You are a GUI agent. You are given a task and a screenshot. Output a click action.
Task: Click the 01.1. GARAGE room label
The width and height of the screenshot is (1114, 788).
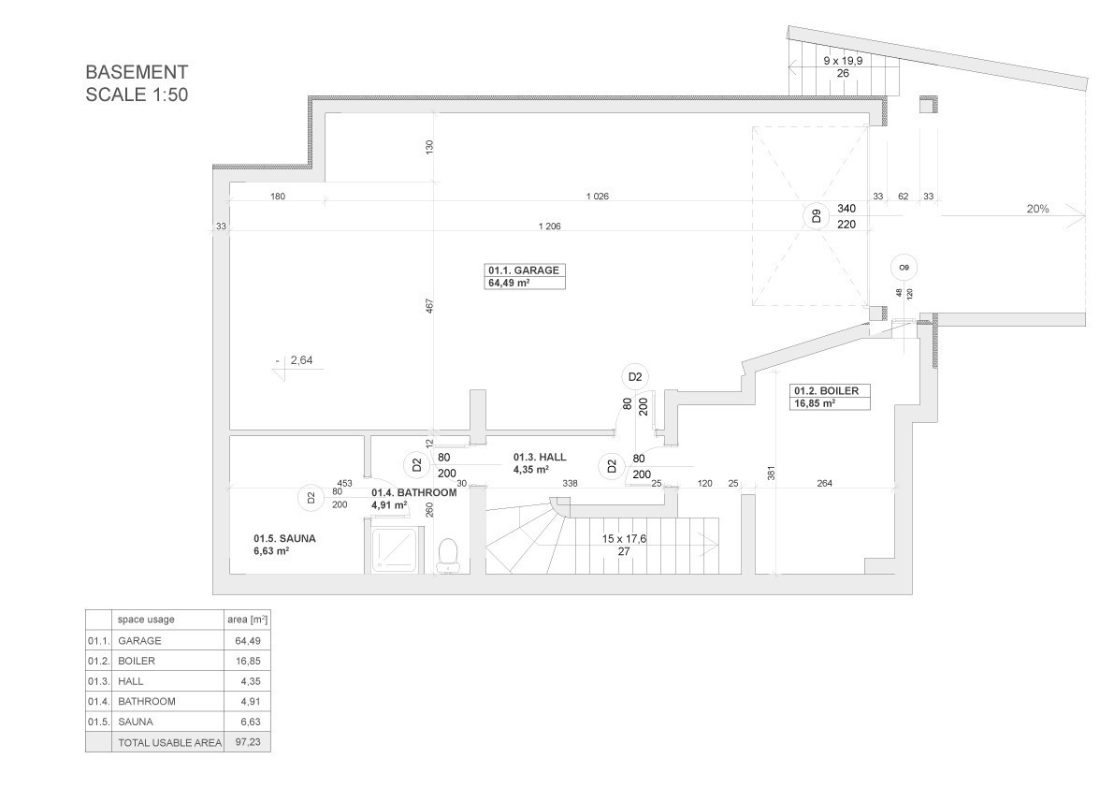(x=524, y=270)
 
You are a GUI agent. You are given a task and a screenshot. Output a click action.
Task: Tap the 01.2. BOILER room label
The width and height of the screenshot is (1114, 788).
(x=826, y=391)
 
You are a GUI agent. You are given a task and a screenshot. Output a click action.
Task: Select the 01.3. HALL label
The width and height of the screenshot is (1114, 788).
(x=540, y=457)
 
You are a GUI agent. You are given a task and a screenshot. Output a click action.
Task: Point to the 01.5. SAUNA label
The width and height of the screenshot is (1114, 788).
(x=284, y=539)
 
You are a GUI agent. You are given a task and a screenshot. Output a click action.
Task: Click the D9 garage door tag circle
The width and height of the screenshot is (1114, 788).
(x=817, y=216)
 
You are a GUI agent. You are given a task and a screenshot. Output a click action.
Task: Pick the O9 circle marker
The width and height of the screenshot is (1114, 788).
(x=904, y=268)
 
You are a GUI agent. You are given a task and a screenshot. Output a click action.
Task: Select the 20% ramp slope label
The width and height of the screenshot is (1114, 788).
(x=1037, y=209)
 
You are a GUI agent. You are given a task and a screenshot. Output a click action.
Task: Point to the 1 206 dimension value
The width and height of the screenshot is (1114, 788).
(x=549, y=226)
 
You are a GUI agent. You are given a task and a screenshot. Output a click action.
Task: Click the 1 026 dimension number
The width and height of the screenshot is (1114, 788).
(x=597, y=197)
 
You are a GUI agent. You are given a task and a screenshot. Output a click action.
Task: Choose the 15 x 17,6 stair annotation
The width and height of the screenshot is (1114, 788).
(x=624, y=539)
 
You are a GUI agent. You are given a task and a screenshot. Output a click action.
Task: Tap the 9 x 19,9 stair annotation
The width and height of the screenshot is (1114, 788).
(x=843, y=61)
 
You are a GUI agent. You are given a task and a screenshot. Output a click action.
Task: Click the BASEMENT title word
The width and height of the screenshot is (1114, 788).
(x=137, y=72)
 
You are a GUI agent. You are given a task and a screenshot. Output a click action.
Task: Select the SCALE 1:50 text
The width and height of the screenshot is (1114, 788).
(x=137, y=95)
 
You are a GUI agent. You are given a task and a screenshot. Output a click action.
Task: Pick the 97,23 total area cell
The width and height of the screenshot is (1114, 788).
(x=248, y=742)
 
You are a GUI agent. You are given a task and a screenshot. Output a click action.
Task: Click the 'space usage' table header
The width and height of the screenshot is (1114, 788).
(x=146, y=620)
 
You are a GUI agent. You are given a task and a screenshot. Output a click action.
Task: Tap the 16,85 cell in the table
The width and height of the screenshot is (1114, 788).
(x=248, y=661)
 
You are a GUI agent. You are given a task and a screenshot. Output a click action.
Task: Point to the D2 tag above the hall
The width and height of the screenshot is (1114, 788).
(x=634, y=376)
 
